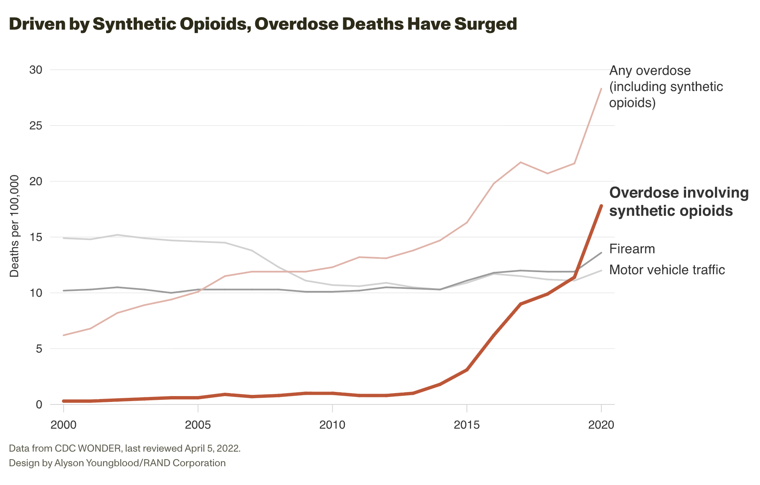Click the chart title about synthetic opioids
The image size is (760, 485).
click(263, 24)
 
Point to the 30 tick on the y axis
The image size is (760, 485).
click(36, 70)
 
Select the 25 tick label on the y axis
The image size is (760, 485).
click(36, 126)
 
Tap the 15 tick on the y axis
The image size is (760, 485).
click(36, 237)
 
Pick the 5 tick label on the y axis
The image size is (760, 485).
click(39, 349)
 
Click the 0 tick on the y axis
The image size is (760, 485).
click(39, 404)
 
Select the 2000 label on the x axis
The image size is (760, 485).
click(63, 425)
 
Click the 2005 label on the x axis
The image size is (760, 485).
click(198, 425)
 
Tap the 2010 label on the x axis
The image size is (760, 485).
click(332, 425)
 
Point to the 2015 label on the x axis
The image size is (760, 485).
click(466, 425)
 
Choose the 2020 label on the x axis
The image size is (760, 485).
click(601, 425)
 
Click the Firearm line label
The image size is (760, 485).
click(632, 249)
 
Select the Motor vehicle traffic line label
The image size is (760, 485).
click(667, 270)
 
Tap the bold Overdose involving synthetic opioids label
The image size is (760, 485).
click(679, 202)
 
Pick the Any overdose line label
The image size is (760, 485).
click(666, 86)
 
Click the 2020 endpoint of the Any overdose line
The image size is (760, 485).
click(601, 89)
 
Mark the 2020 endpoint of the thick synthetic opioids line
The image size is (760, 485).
click(601, 206)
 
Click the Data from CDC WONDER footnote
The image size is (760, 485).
click(124, 449)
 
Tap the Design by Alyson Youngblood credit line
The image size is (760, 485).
click(117, 463)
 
